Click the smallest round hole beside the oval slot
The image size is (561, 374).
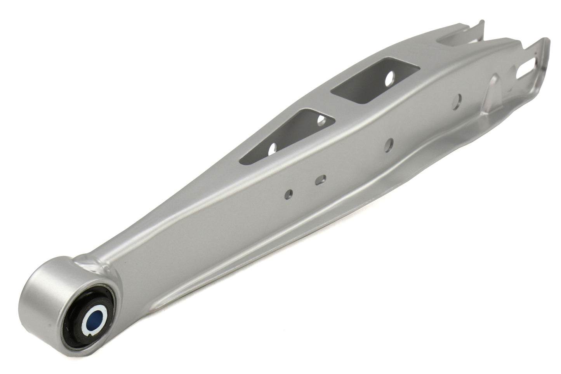coord(288,193)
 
